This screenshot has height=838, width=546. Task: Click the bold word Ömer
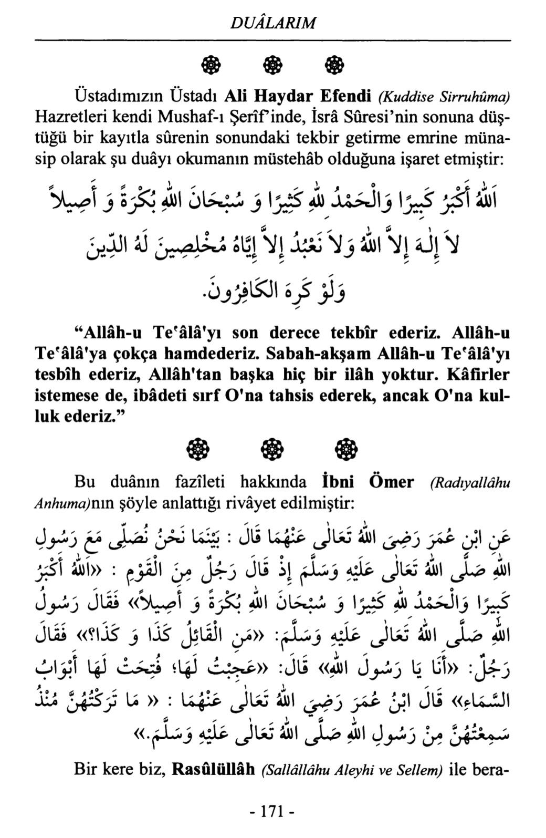[393, 482]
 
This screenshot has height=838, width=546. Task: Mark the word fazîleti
[199, 482]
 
